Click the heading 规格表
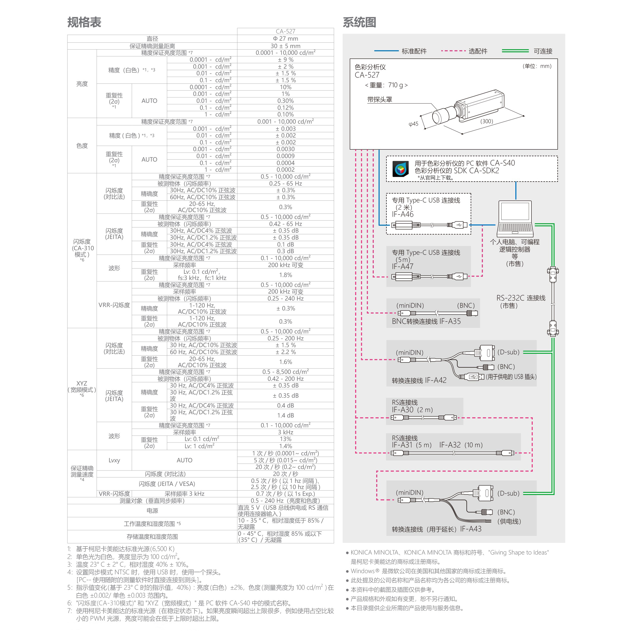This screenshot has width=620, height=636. click(x=84, y=22)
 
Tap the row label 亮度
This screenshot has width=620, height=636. click(x=82, y=83)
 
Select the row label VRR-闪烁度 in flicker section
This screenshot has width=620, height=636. click(x=114, y=305)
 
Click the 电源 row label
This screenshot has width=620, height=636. click(x=152, y=510)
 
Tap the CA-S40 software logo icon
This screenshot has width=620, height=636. click(x=401, y=169)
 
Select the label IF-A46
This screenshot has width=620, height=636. click(x=403, y=214)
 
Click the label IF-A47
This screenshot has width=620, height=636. click(x=403, y=266)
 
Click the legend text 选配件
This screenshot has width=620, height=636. click(x=478, y=51)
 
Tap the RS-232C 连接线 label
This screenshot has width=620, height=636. click(x=520, y=298)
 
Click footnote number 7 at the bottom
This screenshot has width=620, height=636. click(x=69, y=611)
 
